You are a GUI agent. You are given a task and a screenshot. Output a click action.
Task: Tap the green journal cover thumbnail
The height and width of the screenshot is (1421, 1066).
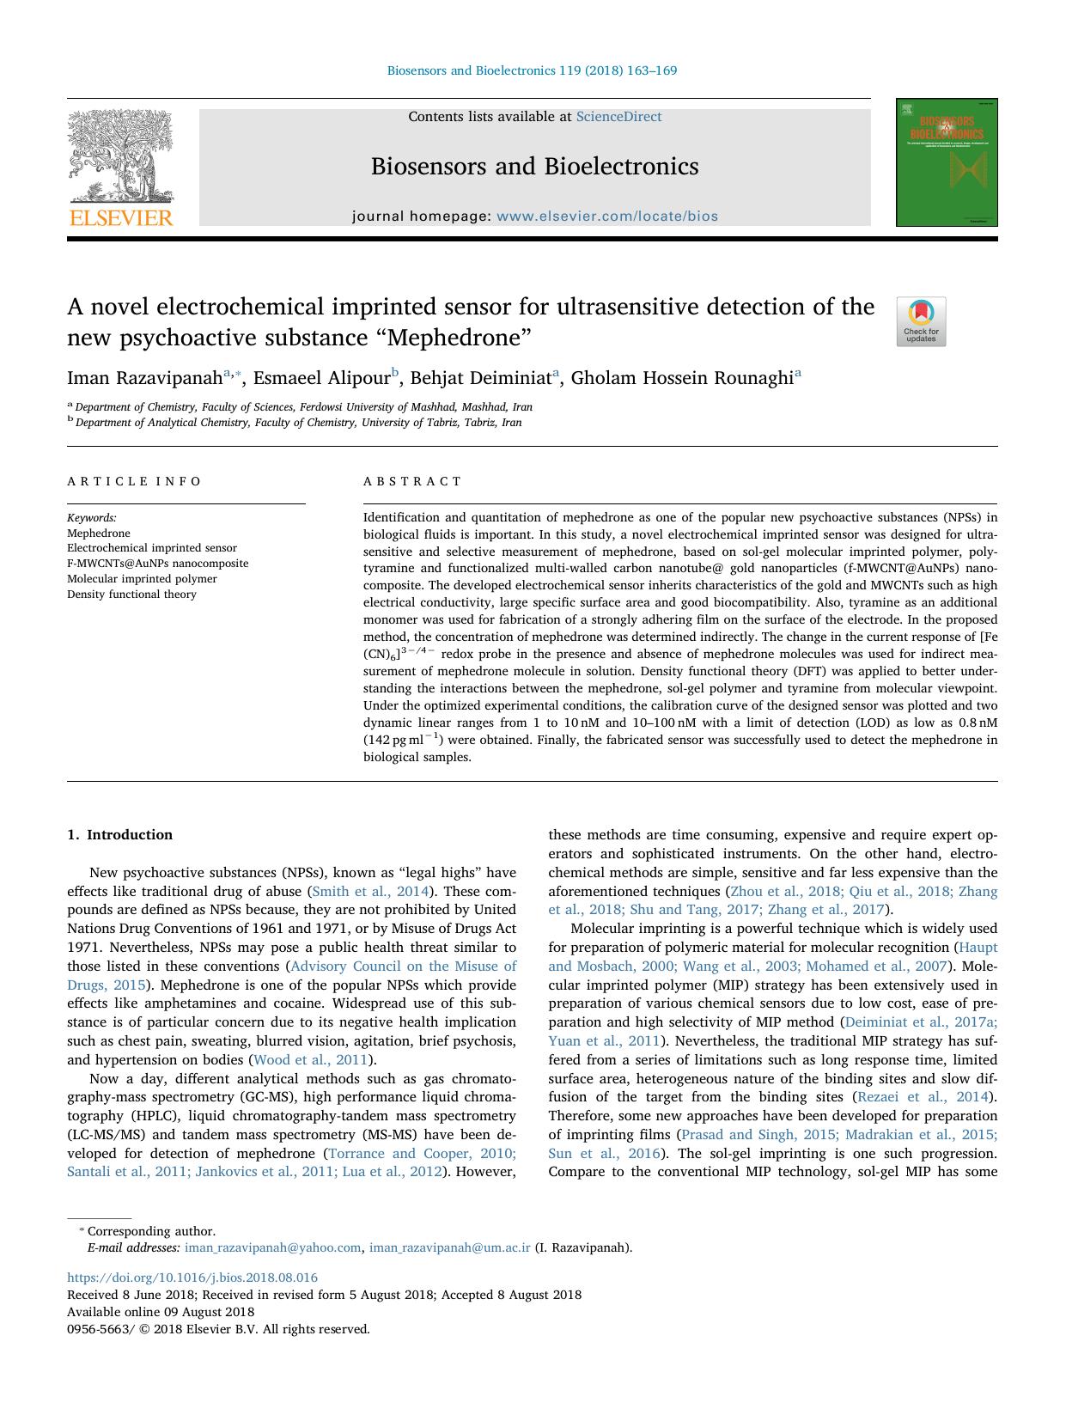[946, 162]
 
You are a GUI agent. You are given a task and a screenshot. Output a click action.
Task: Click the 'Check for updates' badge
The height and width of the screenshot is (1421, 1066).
[921, 321]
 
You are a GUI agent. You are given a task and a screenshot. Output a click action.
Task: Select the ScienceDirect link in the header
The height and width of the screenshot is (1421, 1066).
[618, 117]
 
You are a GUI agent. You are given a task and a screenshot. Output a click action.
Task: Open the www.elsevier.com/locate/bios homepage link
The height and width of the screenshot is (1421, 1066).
[606, 217]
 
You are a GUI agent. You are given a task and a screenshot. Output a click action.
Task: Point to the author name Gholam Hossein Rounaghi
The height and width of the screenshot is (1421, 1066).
[682, 378]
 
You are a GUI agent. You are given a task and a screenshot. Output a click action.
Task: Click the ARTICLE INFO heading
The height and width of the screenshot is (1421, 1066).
[134, 481]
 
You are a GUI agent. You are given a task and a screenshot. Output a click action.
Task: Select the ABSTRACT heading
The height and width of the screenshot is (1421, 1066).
[412, 481]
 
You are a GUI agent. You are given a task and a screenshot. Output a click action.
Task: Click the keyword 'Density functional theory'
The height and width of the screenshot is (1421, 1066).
[131, 595]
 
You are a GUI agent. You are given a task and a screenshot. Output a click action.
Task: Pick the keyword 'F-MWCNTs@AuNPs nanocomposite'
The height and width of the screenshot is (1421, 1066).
[157, 564]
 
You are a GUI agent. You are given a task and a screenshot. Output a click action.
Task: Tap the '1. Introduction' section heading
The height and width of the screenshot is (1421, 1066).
[119, 835]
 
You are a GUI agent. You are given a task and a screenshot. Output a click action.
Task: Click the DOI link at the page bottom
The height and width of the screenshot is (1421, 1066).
[192, 1278]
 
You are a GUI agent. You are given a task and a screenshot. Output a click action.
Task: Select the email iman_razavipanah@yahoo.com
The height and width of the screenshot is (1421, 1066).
[272, 1248]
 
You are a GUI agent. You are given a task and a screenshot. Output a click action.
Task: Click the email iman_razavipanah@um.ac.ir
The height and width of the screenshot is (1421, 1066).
[449, 1248]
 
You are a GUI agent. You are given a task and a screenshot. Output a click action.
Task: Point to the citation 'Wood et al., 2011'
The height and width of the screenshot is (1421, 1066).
[309, 1060]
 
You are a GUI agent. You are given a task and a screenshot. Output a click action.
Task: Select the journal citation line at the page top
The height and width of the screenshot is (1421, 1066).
[532, 70]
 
